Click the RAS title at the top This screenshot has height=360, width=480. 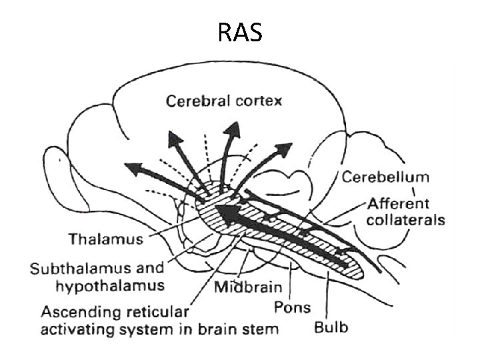pyautogui.click(x=240, y=32)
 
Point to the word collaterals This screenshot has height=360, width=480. pyautogui.click(x=402, y=219)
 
